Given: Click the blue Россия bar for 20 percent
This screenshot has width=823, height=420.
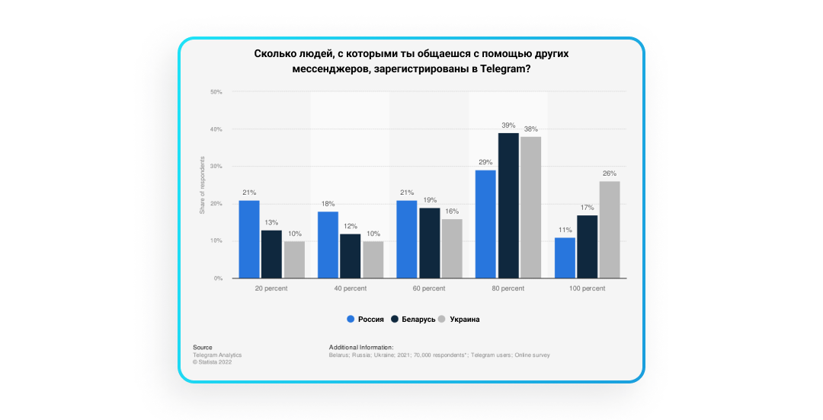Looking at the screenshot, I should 249,239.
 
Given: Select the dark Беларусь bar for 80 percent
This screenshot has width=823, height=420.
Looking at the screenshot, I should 508,205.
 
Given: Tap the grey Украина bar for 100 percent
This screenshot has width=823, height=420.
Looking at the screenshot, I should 610,229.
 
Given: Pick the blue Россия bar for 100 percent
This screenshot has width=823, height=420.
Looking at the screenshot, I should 565,258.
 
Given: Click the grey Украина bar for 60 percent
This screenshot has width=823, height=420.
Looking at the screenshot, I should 451,248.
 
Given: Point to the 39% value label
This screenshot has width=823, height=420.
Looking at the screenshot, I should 508,126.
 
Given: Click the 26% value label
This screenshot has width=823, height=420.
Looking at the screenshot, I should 610,173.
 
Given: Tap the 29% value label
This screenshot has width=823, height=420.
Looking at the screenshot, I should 485,163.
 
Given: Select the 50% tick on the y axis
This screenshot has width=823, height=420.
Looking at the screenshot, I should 216,92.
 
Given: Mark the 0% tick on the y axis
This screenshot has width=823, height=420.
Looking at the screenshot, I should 218,278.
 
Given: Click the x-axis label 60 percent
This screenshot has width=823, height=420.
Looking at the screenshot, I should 429,289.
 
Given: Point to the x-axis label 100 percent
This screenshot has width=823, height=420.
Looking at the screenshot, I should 587,289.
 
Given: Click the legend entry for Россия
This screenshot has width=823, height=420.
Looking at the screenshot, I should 365,320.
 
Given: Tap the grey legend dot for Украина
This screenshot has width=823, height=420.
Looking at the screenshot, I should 443,320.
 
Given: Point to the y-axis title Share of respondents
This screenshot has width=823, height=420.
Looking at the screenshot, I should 203,185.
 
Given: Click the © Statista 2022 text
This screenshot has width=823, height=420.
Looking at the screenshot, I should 213,362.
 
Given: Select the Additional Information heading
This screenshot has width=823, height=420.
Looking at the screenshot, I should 361,348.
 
